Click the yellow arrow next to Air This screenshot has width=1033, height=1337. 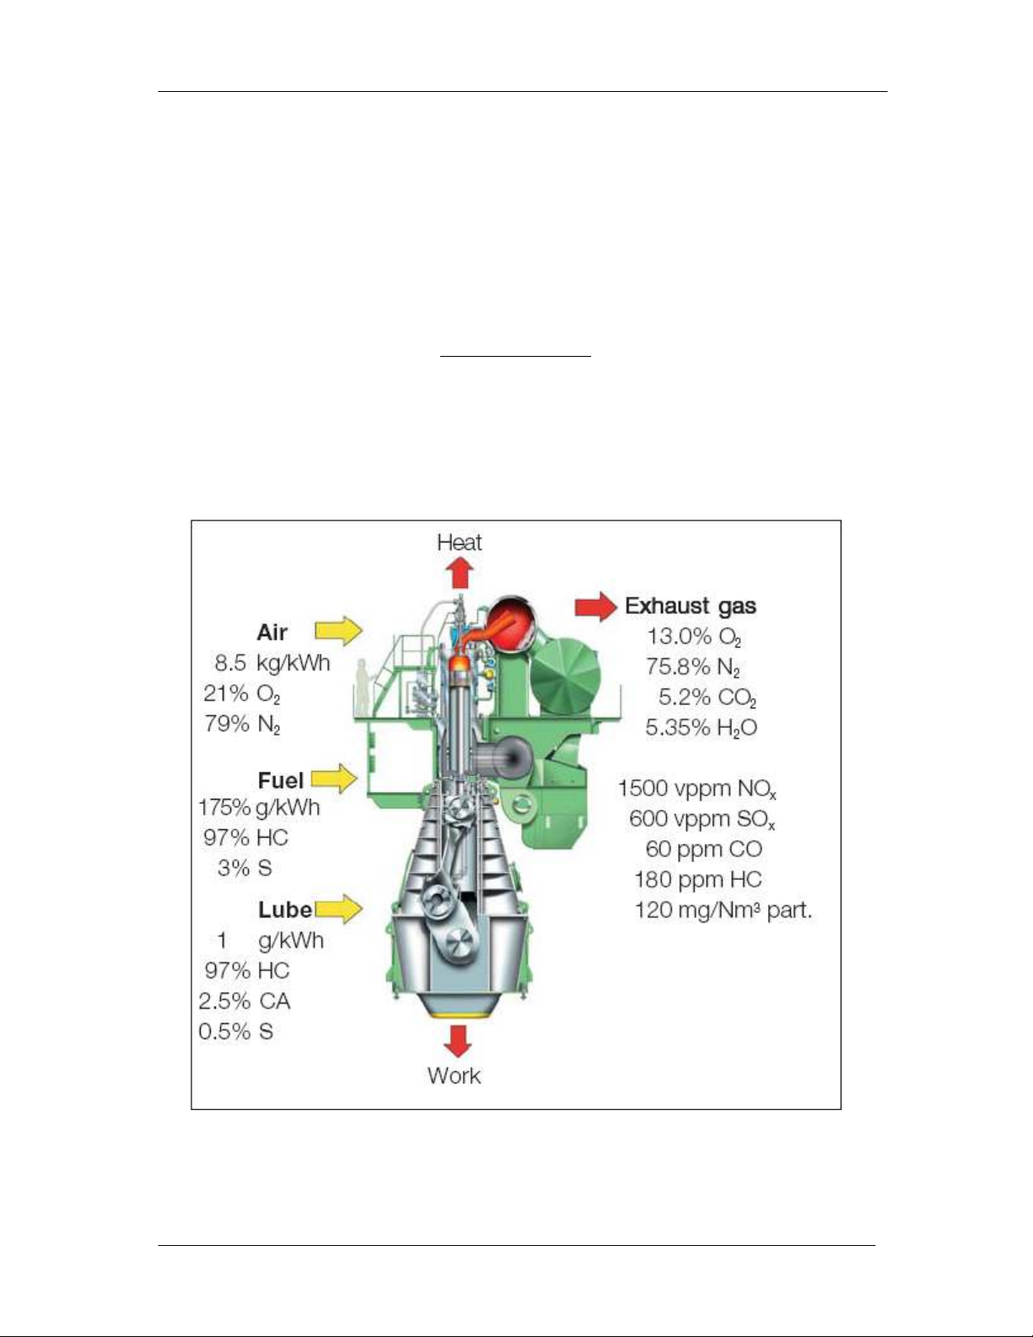[x=339, y=630]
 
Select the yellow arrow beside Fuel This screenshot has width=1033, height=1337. [x=335, y=779]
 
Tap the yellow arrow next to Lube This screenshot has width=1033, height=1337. [x=339, y=908]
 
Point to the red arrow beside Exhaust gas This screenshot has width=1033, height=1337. [x=596, y=606]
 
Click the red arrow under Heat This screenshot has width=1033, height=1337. [x=460, y=573]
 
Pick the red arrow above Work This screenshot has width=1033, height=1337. [x=458, y=1040]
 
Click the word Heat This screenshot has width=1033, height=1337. [x=460, y=542]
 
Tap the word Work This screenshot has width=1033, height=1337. [x=454, y=1076]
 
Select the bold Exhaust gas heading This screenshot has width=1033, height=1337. [x=691, y=606]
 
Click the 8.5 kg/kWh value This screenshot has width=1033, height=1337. [x=272, y=663]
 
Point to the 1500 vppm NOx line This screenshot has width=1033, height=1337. [x=697, y=789]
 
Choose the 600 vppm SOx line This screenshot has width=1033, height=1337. [x=702, y=819]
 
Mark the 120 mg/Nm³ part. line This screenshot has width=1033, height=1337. [x=723, y=910]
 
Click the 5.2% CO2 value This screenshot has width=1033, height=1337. [x=707, y=698]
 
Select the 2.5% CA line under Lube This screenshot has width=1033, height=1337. [x=244, y=1001]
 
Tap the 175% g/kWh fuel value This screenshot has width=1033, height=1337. [x=259, y=807]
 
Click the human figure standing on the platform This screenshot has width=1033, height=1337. [x=363, y=687]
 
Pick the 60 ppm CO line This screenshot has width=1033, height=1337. [x=703, y=849]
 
